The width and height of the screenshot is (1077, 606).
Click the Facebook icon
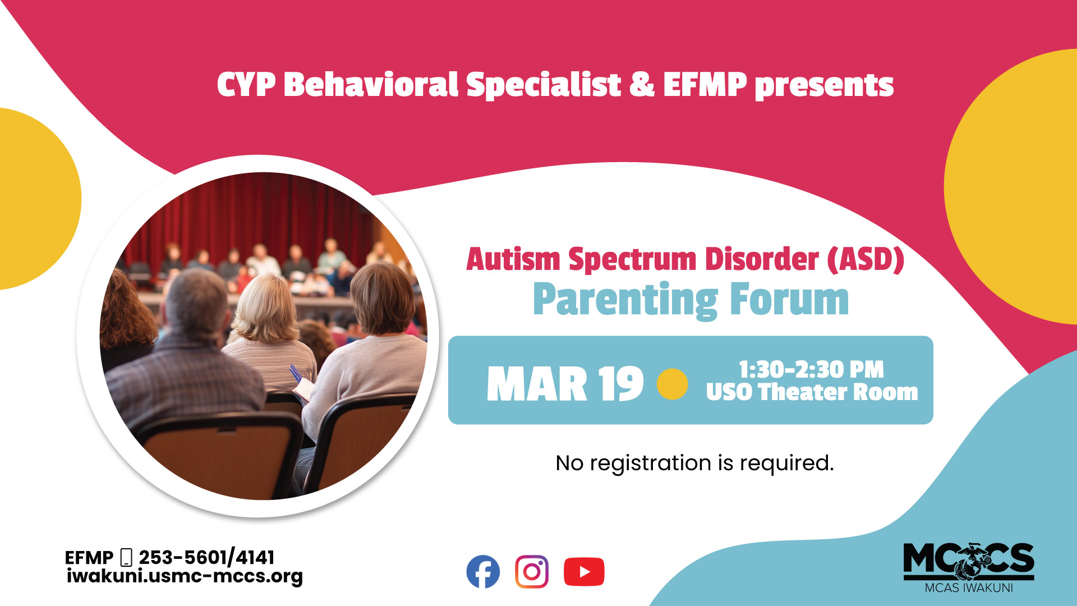[x=483, y=572]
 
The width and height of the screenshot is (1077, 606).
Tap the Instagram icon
[x=532, y=572]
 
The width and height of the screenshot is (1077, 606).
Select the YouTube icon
[x=584, y=572]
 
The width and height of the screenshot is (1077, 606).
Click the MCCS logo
[x=969, y=566]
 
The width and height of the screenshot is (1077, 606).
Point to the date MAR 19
[x=564, y=385]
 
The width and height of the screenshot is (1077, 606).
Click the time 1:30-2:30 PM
[x=811, y=370]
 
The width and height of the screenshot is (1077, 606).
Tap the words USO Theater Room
[x=811, y=392]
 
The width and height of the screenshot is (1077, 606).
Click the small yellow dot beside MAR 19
[x=672, y=384]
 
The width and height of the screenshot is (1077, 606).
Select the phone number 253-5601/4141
[x=206, y=557]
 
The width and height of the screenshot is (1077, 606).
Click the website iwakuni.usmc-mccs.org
[x=185, y=576]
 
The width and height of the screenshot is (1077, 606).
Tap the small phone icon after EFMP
[x=126, y=557]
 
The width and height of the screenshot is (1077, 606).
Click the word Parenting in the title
[x=625, y=301]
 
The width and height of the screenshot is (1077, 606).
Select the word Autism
[x=513, y=260]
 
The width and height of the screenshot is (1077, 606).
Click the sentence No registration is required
[x=694, y=463]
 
